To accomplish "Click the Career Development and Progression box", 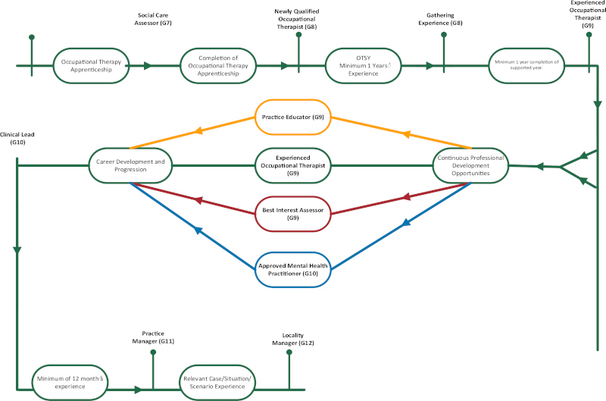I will [x=131, y=165].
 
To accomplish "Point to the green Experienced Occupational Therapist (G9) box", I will [x=292, y=165].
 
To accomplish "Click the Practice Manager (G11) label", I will [x=158, y=337].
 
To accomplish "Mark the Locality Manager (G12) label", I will [x=292, y=338].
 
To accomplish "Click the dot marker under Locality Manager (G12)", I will [x=289, y=352].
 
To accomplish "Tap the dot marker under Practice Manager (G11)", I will [x=154, y=352].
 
